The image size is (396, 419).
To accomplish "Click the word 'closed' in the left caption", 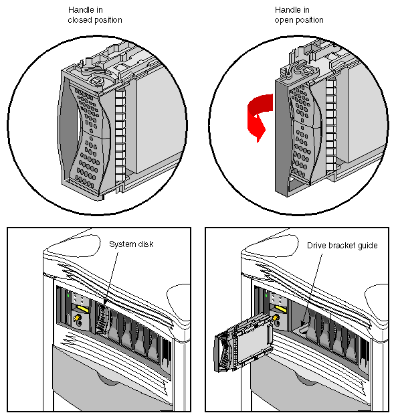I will tap(81, 20).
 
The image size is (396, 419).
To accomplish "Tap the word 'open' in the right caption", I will tap(285, 20).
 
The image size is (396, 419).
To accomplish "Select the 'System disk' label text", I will tap(131, 244).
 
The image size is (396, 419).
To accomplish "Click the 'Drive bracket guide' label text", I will tap(342, 246).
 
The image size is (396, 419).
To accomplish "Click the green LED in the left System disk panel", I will tap(68, 294).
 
